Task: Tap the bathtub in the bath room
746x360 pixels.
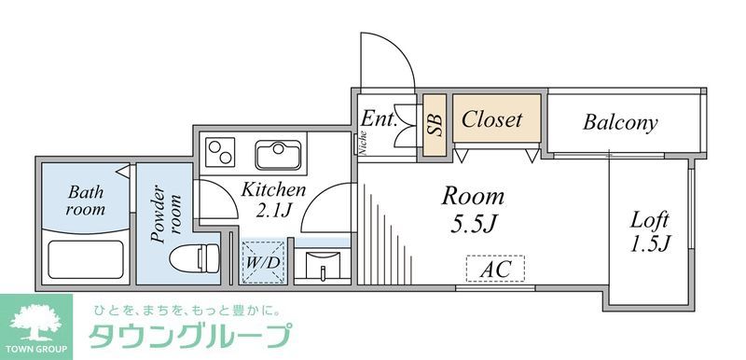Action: point(85,258)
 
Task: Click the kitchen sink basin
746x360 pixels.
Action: point(278,154)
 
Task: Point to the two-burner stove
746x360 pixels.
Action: point(223,149)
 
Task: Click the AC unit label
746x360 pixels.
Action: point(495,270)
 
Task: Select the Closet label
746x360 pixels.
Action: point(492,120)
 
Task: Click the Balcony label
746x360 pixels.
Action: point(620,122)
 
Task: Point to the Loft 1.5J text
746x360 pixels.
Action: point(650,232)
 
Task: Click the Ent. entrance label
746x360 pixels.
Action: point(380,118)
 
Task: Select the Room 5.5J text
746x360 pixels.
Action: point(472,209)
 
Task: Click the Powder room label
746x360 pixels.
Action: point(166,215)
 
